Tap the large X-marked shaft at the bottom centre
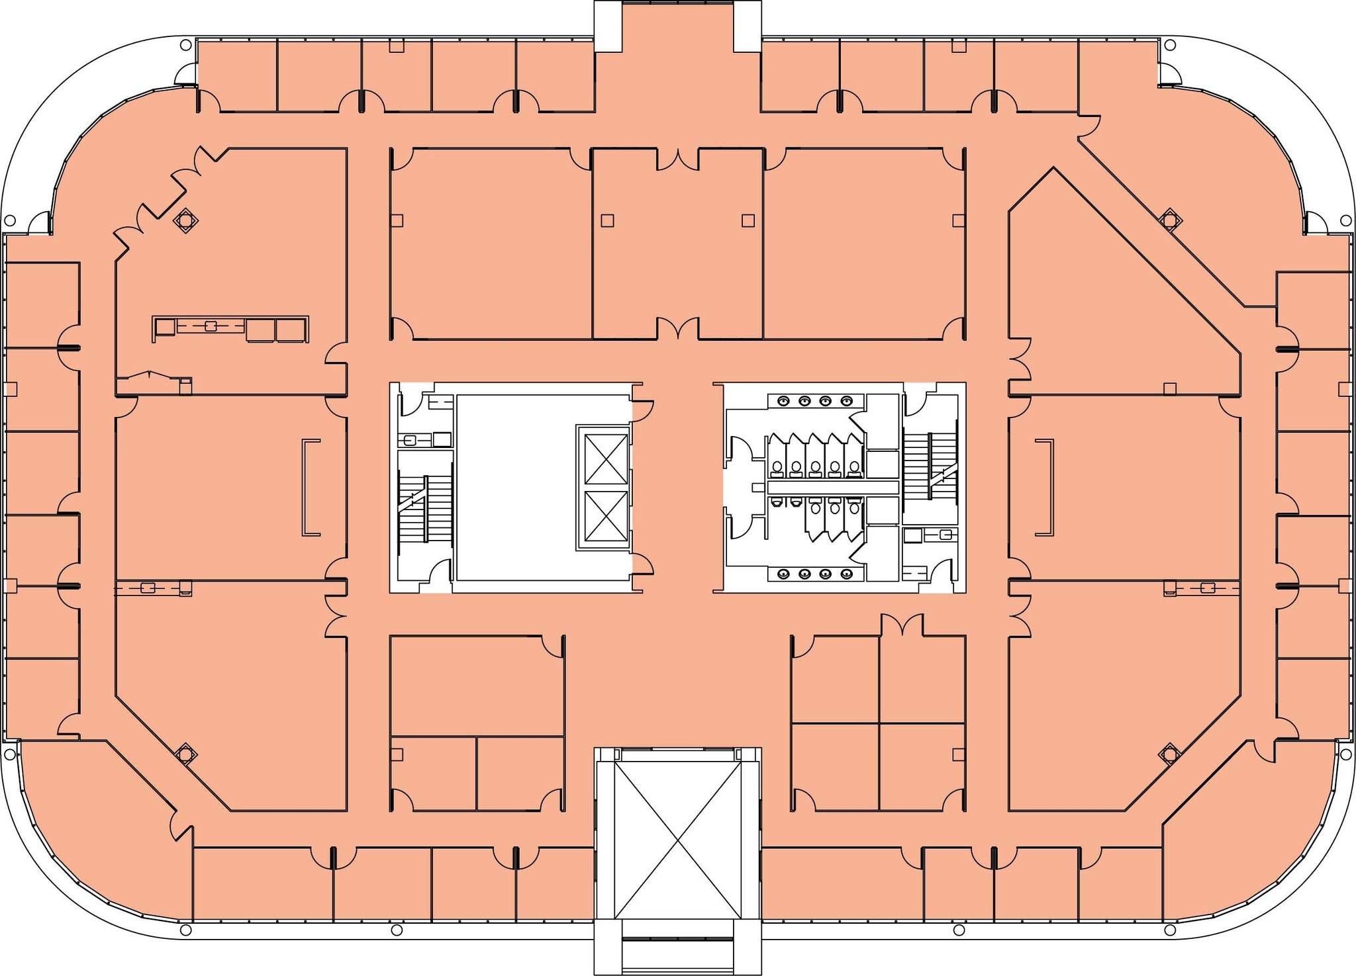coord(677,840)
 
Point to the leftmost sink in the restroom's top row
coord(784,401)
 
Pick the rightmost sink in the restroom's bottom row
coord(846,574)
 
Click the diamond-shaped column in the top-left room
coord(185,220)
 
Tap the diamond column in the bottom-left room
coord(185,753)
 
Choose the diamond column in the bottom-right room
coord(1169,753)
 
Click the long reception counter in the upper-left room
coord(230,328)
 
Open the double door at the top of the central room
coord(677,159)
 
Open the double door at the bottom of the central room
coord(677,328)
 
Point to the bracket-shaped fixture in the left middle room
coord(311,487)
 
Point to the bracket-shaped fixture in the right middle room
coord(1045,487)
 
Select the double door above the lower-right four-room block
coord(902,625)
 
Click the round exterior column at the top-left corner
coord(185,46)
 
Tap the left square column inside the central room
coord(607,220)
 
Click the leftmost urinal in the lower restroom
coord(777,503)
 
